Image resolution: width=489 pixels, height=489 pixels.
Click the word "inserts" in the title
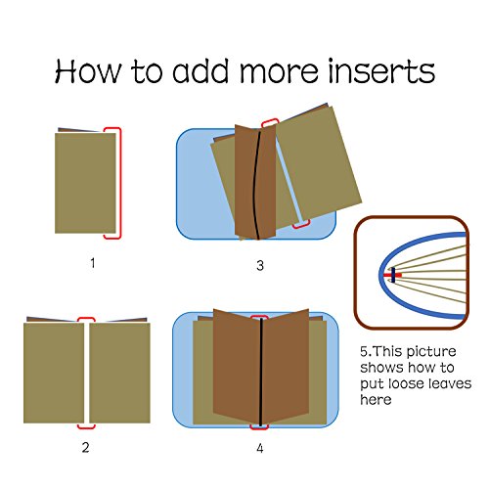pyautogui.click(x=381, y=70)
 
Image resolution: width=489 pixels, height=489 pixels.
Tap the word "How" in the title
pyautogui.click(x=88, y=70)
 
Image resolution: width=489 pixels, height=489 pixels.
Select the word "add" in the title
pyautogui.click(x=200, y=70)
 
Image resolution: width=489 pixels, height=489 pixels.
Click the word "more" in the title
pyautogui.click(x=279, y=73)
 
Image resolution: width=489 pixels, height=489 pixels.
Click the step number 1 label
pyautogui.click(x=93, y=263)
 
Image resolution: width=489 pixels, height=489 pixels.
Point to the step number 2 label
pyautogui.click(x=85, y=448)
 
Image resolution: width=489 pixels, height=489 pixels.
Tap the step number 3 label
pyautogui.click(x=260, y=266)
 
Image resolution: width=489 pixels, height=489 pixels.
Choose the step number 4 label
pyautogui.click(x=260, y=449)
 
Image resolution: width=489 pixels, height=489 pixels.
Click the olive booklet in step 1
pyautogui.click(x=85, y=183)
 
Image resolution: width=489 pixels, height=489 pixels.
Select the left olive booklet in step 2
pyautogui.click(x=54, y=373)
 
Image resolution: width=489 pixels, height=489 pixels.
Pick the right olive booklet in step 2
pyautogui.click(x=119, y=373)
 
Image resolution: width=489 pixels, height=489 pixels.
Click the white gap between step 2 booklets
pyautogui.click(x=87, y=373)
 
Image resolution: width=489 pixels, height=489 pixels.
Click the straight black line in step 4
pyautogui.click(x=261, y=372)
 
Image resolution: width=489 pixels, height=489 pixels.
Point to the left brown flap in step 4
pyautogui.click(x=237, y=367)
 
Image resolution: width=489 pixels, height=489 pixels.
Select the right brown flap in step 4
pyautogui.click(x=286, y=367)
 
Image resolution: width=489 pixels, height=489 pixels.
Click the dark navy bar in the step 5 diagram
pyautogui.click(x=393, y=275)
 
